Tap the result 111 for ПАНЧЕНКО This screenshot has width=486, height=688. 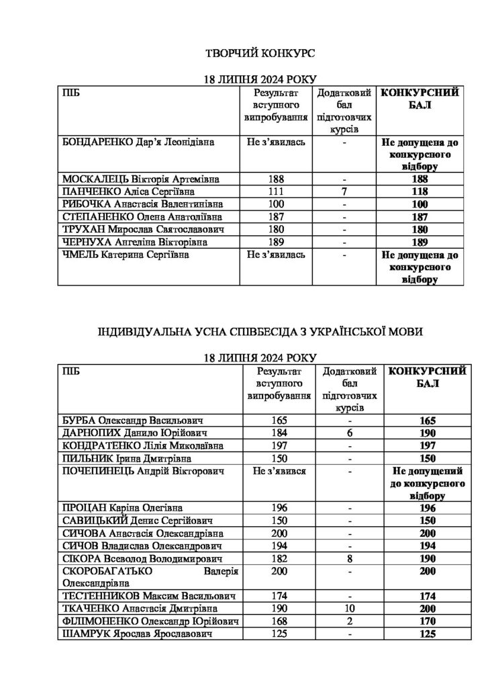pos(276,191)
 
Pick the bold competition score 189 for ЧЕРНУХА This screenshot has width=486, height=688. pos(420,241)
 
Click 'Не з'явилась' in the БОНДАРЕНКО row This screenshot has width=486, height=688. pos(276,142)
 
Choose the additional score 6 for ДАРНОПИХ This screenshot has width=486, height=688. pos(350,433)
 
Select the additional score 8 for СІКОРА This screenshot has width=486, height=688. pos(350,558)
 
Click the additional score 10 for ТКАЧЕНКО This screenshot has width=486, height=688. pos(350,609)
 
